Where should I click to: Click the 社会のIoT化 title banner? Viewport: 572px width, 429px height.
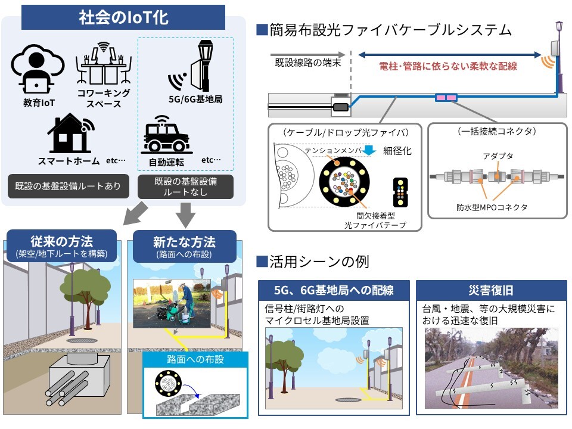pyautogui.click(x=123, y=17)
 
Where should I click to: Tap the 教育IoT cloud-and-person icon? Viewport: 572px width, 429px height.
pyautogui.click(x=38, y=69)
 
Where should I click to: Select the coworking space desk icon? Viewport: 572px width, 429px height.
pyautogui.click(x=104, y=64)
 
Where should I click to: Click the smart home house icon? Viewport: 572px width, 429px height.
pyautogui.click(x=71, y=133)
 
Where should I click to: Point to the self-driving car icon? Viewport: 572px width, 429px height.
pyautogui.click(x=166, y=134)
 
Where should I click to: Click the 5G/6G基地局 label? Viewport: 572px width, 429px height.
pyautogui.click(x=195, y=99)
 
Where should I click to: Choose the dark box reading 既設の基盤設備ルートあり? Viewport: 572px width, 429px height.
pyautogui.click(x=68, y=186)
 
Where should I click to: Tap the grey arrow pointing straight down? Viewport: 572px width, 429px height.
pyautogui.click(x=186, y=214)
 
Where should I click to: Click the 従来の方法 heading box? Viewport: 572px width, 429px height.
pyautogui.click(x=61, y=246)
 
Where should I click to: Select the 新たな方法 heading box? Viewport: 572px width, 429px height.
pyautogui.click(x=184, y=246)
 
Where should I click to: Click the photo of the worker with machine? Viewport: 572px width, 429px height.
pyautogui.click(x=172, y=303)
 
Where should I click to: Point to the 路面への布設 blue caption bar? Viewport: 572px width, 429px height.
pyautogui.click(x=195, y=359)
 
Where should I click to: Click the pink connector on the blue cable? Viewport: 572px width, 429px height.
pyautogui.click(x=446, y=97)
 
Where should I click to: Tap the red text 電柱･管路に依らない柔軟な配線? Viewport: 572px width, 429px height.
pyautogui.click(x=448, y=66)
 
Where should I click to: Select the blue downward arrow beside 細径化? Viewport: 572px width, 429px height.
pyautogui.click(x=369, y=150)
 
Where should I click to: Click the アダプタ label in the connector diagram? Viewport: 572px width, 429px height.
pyautogui.click(x=498, y=156)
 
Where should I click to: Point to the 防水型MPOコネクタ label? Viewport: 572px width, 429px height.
pyautogui.click(x=492, y=207)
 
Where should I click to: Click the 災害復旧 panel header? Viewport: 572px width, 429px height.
pyautogui.click(x=491, y=290)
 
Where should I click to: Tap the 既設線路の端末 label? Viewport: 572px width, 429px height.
pyautogui.click(x=308, y=63)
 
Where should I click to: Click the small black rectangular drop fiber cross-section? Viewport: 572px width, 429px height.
pyautogui.click(x=400, y=192)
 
